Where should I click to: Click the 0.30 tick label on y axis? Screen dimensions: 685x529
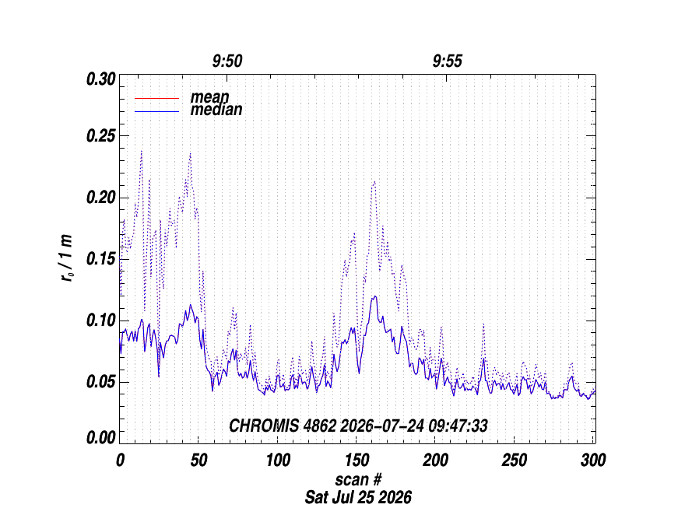coord(101,79)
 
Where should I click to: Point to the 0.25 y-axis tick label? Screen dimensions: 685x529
coord(101,136)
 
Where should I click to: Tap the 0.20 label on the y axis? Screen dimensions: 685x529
coord(101,198)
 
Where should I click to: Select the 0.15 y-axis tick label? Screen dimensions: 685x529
coord(101,259)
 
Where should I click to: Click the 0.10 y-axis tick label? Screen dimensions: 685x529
coord(101,321)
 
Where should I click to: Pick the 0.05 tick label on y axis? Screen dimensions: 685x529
coord(101,382)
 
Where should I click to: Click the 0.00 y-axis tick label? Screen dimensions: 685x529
coord(101,438)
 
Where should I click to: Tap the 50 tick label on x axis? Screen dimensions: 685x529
coord(198,460)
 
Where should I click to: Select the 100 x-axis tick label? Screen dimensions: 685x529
coord(278,460)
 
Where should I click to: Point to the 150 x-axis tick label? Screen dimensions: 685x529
coord(357,460)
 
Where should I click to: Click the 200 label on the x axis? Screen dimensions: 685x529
coord(436,460)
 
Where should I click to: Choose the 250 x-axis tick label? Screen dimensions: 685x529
coord(515,460)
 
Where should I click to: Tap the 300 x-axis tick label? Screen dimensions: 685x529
coord(593,460)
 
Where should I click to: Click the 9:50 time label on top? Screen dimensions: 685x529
coord(227,61)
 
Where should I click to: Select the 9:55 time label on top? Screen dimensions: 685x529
coord(448,61)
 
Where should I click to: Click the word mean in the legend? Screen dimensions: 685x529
coord(209,97)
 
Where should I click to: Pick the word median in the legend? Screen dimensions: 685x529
coord(216,110)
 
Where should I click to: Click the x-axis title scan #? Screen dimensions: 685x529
coord(358,480)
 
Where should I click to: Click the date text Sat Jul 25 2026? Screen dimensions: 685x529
coord(358,497)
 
